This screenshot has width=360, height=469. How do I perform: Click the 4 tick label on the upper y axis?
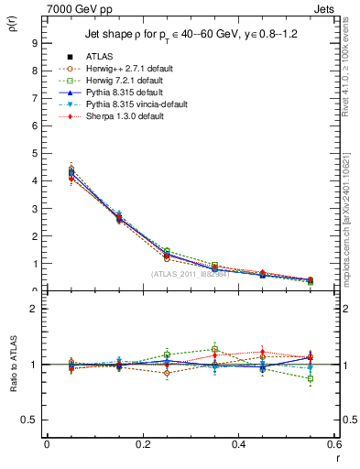click(x=34, y=180)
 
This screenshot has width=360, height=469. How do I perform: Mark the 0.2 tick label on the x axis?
click(x=142, y=444)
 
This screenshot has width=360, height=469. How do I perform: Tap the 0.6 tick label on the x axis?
click(x=333, y=444)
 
